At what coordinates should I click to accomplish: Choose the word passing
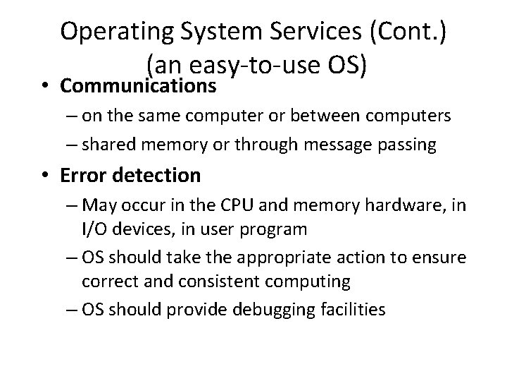411,145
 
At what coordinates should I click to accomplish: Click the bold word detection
163,174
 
